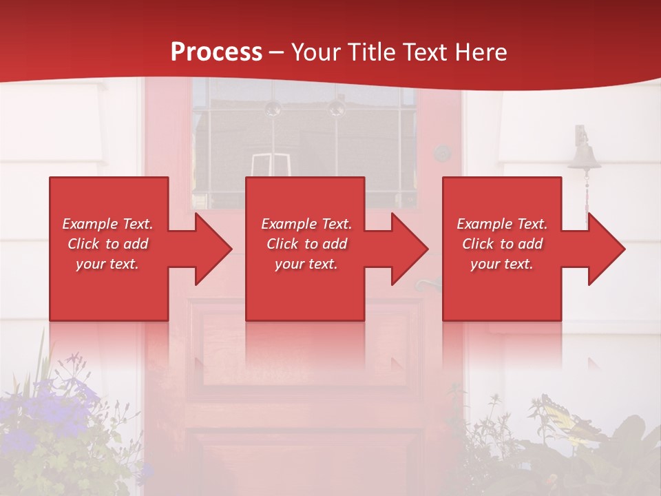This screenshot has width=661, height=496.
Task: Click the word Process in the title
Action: pyautogui.click(x=216, y=52)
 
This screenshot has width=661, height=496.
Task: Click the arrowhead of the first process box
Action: pyautogui.click(x=211, y=249)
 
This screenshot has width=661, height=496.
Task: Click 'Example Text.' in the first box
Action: pyautogui.click(x=107, y=224)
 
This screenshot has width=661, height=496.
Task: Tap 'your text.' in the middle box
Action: pyautogui.click(x=306, y=264)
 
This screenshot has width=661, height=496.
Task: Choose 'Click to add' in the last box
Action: pyautogui.click(x=502, y=244)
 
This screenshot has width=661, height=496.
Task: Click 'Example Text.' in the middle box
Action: pyautogui.click(x=306, y=224)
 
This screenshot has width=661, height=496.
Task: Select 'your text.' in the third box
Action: pyautogui.click(x=502, y=264)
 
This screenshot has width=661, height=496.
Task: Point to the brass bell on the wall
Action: pyautogui.click(x=584, y=156)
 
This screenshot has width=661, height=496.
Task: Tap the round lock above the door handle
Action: pyautogui.click(x=442, y=153)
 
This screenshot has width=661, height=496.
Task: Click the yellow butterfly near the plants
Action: pyautogui.click(x=565, y=420)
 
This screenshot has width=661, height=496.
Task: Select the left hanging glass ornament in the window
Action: pyautogui.click(x=273, y=107)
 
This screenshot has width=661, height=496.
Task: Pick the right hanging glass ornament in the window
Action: pyautogui.click(x=336, y=107)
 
